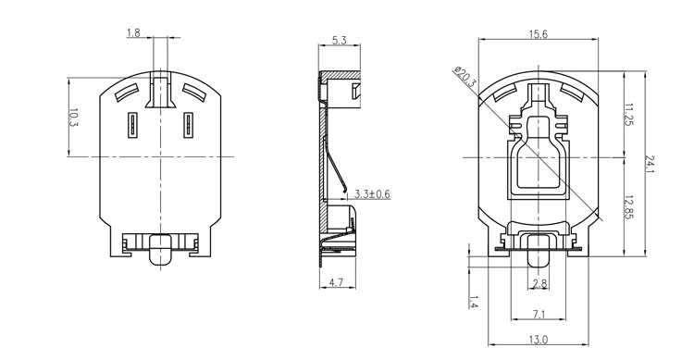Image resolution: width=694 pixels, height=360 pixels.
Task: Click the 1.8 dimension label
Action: pos(133,32)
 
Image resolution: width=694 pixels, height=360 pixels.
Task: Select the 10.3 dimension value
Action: pos(73,118)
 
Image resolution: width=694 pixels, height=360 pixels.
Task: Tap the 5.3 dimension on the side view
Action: pos(339,41)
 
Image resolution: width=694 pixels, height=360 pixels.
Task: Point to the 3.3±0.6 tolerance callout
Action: pos(373,194)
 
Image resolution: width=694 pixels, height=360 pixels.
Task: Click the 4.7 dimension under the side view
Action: pos(337,282)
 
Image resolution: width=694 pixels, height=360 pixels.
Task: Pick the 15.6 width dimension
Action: pos(539,34)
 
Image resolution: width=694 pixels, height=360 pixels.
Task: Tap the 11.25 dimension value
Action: pos(628,114)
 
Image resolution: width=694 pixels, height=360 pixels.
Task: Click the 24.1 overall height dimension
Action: pos(650,164)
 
